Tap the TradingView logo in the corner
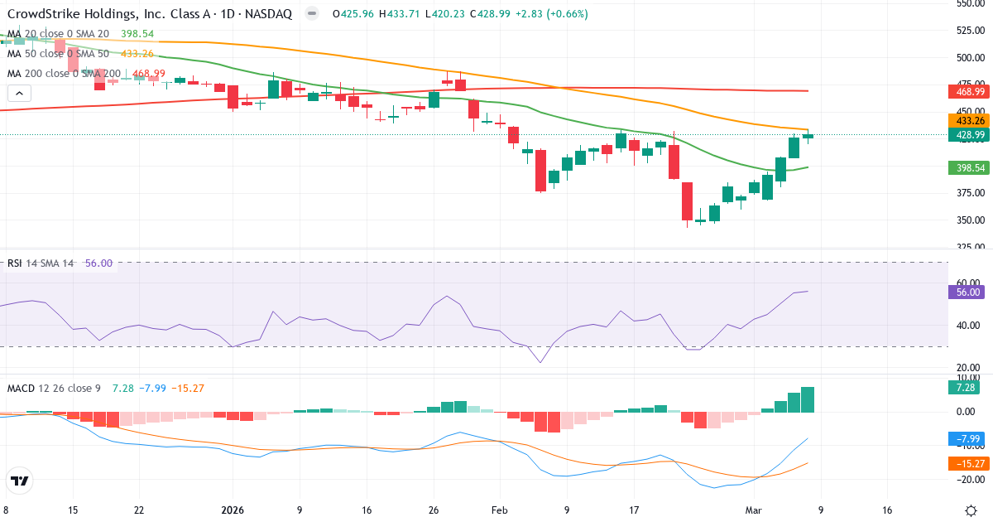[20, 481]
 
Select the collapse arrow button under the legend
[17, 94]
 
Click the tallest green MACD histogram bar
[808, 399]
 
